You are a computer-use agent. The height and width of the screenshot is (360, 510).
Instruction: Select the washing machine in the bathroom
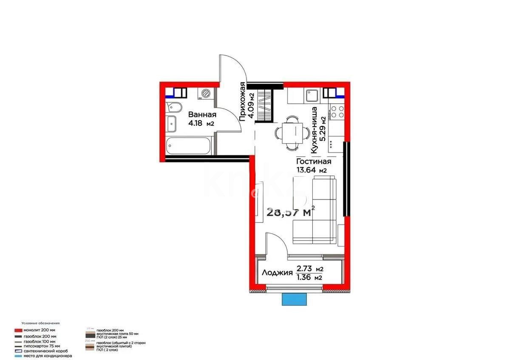point(206,93)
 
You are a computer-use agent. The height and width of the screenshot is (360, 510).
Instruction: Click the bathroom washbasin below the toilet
point(172,123)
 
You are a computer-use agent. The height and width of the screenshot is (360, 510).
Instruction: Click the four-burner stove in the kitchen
point(337,112)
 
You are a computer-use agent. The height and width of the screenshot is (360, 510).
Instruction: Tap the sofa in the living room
point(314,212)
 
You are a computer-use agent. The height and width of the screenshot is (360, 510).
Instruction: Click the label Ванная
point(202,115)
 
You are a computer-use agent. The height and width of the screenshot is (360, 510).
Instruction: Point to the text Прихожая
point(242,102)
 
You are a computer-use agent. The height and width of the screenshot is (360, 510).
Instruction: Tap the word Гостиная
point(313,162)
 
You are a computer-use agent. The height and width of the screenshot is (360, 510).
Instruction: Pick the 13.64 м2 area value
point(311,170)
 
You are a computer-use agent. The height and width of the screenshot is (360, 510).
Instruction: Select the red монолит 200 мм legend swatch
point(17,330)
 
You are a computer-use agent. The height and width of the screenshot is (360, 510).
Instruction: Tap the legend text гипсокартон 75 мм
point(40,346)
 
